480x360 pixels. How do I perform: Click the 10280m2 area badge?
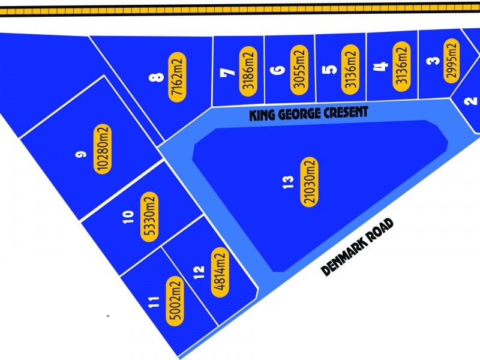coord(102,148)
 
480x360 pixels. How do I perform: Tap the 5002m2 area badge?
coord(175,299)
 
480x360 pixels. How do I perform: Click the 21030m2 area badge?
coord(310,182)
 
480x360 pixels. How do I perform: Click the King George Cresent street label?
coord(308,113)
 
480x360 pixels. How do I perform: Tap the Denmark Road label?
coord(358,247)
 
